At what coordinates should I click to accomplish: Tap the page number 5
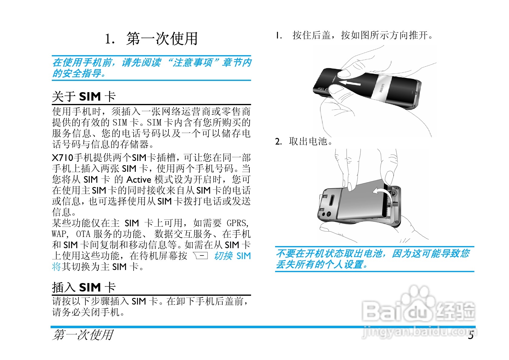pyautogui.click(x=471, y=335)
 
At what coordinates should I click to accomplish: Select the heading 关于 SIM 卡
pyautogui.click(x=84, y=97)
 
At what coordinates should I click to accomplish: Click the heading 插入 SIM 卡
pyautogui.click(x=84, y=287)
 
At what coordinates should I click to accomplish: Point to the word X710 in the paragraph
pyautogui.click(x=63, y=158)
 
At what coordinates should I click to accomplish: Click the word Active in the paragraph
pyautogui.click(x=138, y=180)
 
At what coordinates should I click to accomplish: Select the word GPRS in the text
pyautogui.click(x=237, y=223)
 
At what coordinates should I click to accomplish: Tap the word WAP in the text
pyautogui.click(x=59, y=234)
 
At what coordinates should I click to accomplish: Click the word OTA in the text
pyautogui.click(x=83, y=234)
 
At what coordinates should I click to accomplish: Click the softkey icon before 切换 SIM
pyautogui.click(x=201, y=256)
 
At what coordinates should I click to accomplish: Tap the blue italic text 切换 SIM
pyautogui.click(x=232, y=256)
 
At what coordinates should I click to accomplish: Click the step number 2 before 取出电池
pyautogui.click(x=278, y=142)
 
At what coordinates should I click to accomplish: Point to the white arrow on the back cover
pyautogui.click(x=350, y=82)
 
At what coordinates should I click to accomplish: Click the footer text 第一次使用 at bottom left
pyautogui.click(x=83, y=335)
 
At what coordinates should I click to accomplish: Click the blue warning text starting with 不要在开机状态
pyautogui.click(x=373, y=259)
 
